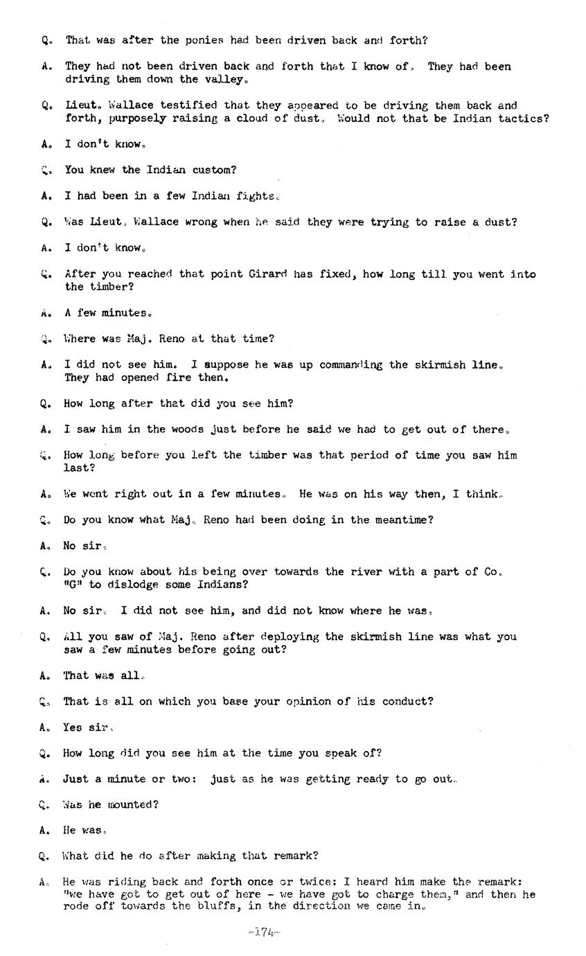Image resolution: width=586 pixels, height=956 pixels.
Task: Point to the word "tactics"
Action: click(521, 118)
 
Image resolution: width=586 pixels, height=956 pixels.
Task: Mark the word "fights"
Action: click(256, 196)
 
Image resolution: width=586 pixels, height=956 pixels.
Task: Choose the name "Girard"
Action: click(267, 274)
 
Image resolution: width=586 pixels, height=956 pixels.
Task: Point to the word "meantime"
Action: click(401, 520)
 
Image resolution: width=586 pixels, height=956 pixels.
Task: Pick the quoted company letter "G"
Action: click(71, 585)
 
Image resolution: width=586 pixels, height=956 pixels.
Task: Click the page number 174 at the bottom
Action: click(264, 932)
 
